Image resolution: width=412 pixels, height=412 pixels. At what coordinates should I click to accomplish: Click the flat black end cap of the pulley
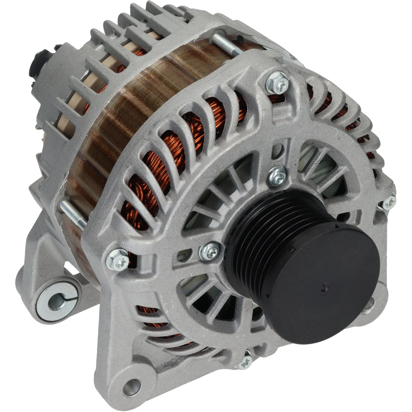click(x=325, y=283)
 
